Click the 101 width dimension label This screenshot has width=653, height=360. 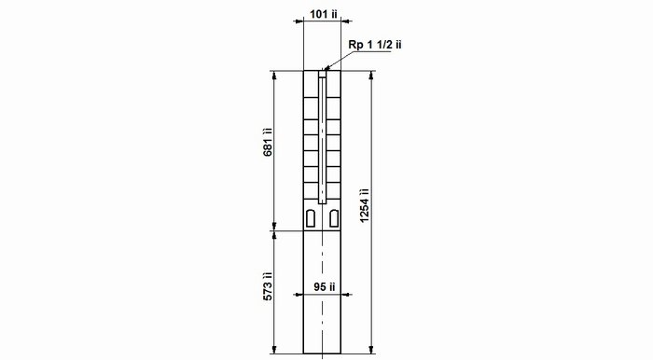[x=323, y=14]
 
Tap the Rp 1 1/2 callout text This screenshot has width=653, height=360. [x=375, y=45]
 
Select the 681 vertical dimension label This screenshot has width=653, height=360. [x=268, y=142]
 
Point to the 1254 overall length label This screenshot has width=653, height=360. [x=365, y=205]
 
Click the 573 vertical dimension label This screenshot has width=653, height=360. [x=268, y=286]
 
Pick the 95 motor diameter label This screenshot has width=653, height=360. [x=325, y=287]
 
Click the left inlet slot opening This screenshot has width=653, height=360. [x=311, y=218]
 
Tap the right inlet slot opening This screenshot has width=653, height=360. [x=334, y=218]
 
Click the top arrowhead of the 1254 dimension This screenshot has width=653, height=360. [x=371, y=75]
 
